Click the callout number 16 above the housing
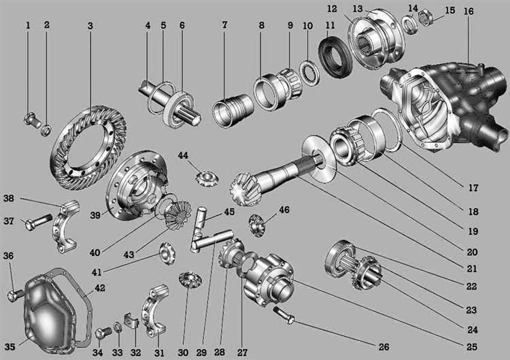pyautogui.click(x=469, y=12)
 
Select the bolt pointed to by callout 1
pyautogui.click(x=32, y=120)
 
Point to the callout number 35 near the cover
pyautogui.click(x=10, y=346)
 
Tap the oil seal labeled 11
pyautogui.click(x=335, y=57)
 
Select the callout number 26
pyautogui.click(x=384, y=347)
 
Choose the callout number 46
pyautogui.click(x=284, y=210)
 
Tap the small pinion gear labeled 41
pyautogui.click(x=167, y=252)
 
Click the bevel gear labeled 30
pyautogui.click(x=190, y=279)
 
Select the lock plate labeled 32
pyautogui.click(x=132, y=321)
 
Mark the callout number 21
pyautogui.click(x=472, y=269)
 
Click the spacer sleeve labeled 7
pyautogui.click(x=233, y=109)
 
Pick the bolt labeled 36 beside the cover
pyautogui.click(x=15, y=295)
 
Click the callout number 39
pyautogui.click(x=95, y=215)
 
